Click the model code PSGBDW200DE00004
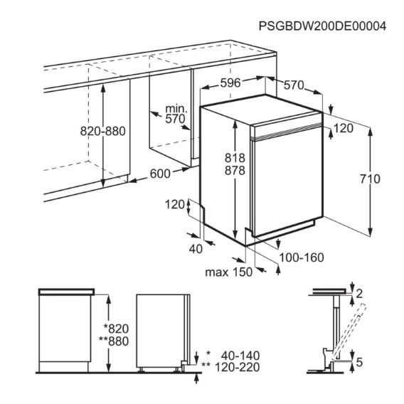pyautogui.click(x=322, y=26)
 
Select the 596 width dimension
pyautogui.click(x=230, y=83)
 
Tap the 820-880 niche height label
pyautogui.click(x=103, y=131)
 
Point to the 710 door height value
pyautogui.click(x=370, y=179)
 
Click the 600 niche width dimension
pyautogui.click(x=160, y=174)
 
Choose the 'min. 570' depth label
pyautogui.click(x=176, y=114)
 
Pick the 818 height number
pyautogui.click(x=235, y=158)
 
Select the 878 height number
pyautogui.click(x=235, y=171)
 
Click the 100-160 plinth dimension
pyautogui.click(x=302, y=257)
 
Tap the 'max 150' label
pyautogui.click(x=229, y=272)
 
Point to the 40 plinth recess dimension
pyautogui.click(x=196, y=249)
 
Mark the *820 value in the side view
pyautogui.click(x=116, y=329)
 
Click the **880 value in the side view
pyautogui.click(x=114, y=341)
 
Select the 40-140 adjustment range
pyautogui.click(x=240, y=356)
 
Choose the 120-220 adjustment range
pyautogui.click(x=237, y=368)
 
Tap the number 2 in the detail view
pyautogui.click(x=359, y=294)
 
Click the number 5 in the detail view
pyautogui.click(x=359, y=362)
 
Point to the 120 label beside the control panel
pyautogui.click(x=344, y=128)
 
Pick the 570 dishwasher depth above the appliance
pyautogui.click(x=294, y=85)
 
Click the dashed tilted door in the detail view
pyautogui.click(x=349, y=331)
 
